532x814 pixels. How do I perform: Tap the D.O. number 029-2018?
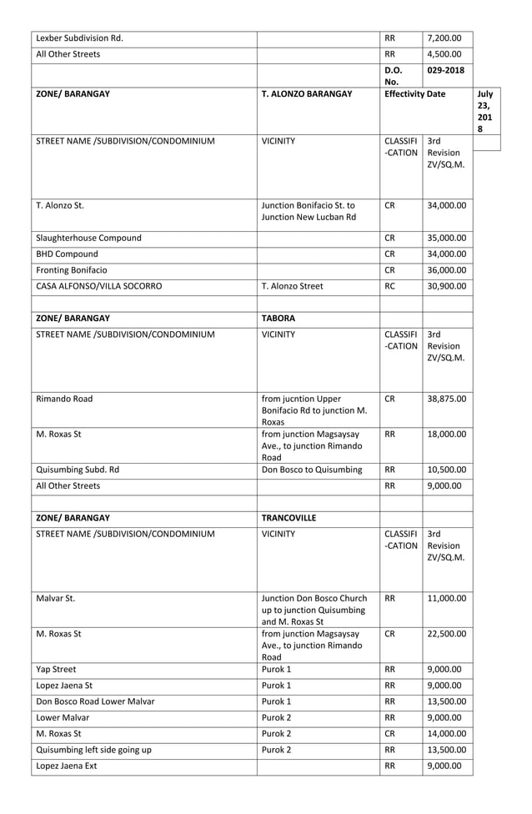(x=445, y=70)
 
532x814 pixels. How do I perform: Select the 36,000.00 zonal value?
(x=446, y=269)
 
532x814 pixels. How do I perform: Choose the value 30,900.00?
(x=446, y=286)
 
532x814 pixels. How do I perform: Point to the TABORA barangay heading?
(x=280, y=318)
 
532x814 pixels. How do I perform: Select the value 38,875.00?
(x=446, y=398)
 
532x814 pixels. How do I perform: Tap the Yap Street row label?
(x=56, y=669)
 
